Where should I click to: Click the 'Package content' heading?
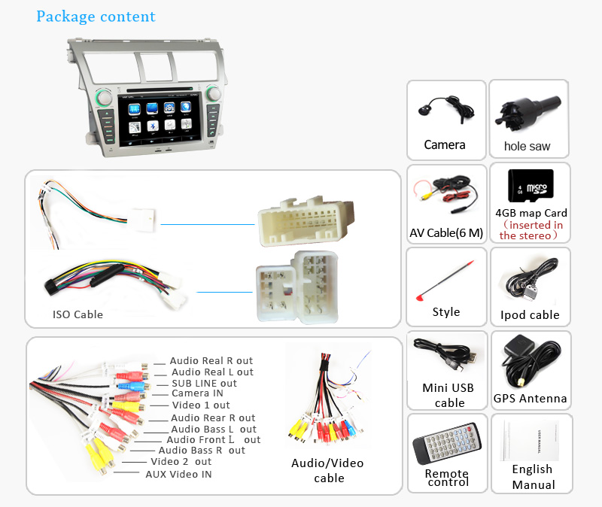pos(96,17)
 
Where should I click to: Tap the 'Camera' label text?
pos(445,144)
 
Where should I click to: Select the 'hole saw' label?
pos(527,146)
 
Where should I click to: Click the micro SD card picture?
pos(530,185)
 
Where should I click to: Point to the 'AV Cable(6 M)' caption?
pos(446,232)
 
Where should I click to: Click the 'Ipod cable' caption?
pos(530,314)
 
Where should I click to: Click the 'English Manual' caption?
pos(532,477)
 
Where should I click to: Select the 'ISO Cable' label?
pos(78,314)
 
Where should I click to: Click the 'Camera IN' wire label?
pos(197,393)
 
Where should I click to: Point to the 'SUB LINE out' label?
pos(204,383)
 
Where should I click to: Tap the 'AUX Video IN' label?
pos(178,474)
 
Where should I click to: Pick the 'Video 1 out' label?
pos(200,405)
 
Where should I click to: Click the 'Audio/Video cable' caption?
pos(328,470)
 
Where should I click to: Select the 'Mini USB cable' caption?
pos(449,395)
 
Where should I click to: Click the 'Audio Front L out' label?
pos(213,439)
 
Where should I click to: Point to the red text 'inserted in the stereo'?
pos(531,230)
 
